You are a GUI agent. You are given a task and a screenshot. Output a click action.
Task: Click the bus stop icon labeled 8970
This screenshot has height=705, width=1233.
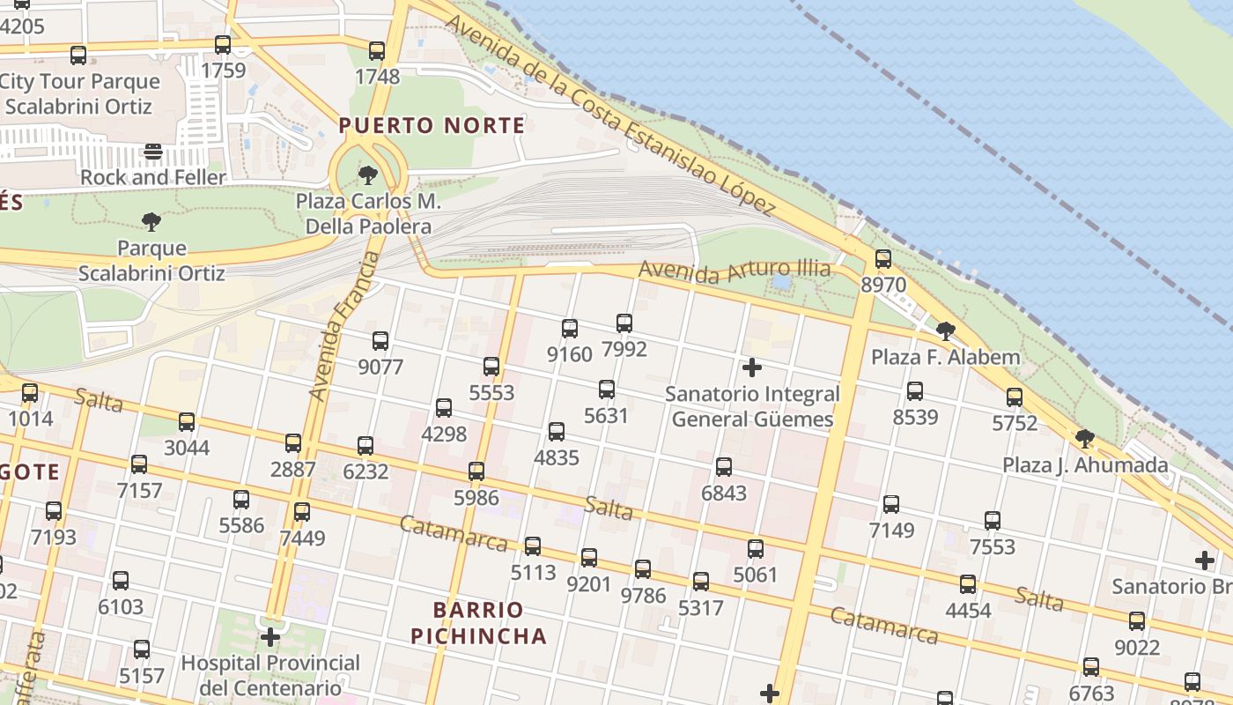(x=882, y=259)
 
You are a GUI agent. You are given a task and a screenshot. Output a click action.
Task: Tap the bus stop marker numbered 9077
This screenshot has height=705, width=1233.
(x=380, y=341)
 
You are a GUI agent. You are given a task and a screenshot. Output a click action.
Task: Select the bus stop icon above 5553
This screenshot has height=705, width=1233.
(x=491, y=367)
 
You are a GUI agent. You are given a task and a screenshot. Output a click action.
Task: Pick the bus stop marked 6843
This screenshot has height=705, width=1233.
(x=724, y=467)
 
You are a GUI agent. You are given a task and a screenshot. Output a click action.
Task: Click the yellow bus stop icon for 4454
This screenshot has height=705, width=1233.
(x=968, y=584)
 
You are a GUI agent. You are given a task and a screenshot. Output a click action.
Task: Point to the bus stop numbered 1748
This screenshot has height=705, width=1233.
(x=377, y=51)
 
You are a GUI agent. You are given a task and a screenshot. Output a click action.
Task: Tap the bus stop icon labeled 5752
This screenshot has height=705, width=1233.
(x=1015, y=397)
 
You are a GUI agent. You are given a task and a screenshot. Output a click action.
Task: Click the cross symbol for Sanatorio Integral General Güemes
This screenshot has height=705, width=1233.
(x=752, y=367)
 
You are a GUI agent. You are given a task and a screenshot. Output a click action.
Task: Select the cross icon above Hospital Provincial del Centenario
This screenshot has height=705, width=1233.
(x=270, y=637)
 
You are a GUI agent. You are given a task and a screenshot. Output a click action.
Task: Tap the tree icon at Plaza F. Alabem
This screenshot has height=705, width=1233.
(x=946, y=331)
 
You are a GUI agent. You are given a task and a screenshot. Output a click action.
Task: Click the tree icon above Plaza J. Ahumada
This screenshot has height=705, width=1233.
(x=1085, y=439)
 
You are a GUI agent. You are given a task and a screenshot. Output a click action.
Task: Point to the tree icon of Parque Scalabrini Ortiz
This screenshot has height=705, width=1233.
(x=151, y=221)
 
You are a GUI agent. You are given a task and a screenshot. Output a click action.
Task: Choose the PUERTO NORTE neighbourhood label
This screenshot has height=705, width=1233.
(x=432, y=125)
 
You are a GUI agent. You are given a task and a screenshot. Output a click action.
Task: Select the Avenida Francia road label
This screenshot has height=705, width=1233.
(x=344, y=326)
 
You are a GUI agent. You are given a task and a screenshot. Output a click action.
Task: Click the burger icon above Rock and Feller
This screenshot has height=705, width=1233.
(x=153, y=152)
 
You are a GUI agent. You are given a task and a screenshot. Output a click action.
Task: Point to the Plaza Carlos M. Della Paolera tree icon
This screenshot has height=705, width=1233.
(x=368, y=175)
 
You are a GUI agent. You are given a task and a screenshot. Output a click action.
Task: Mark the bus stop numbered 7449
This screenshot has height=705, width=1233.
(x=302, y=512)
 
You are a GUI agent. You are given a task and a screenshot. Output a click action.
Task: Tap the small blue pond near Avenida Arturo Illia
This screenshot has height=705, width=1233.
(x=780, y=283)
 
